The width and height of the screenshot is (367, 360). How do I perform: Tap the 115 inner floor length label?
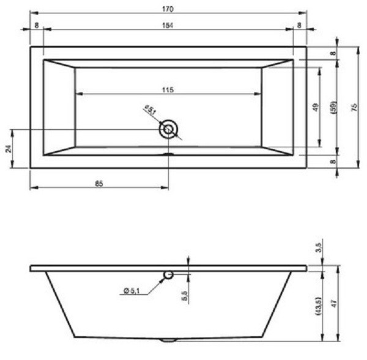[168, 90]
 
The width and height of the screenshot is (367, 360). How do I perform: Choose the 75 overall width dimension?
[354, 106]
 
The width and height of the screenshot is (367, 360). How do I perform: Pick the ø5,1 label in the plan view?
[149, 110]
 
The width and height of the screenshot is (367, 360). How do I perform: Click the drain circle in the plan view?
[168, 129]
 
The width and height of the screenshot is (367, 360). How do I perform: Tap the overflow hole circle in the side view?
[168, 275]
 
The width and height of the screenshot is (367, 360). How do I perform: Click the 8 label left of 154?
[37, 25]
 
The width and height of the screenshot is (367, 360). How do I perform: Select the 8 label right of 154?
[298, 25]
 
